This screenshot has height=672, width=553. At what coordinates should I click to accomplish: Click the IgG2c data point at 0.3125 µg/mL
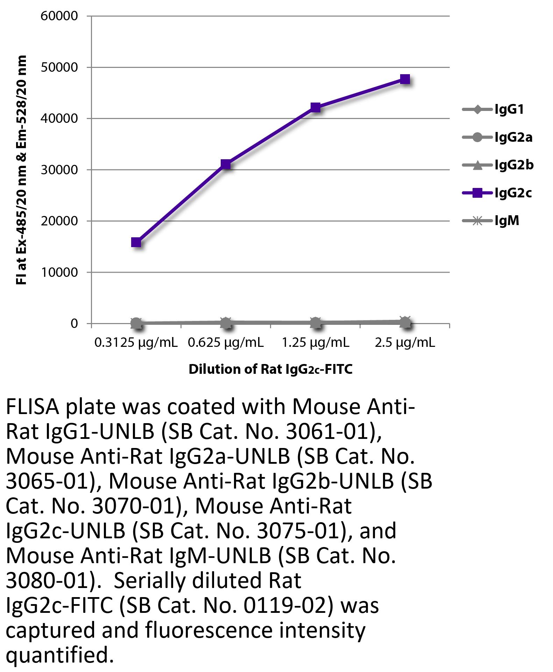pos(136,242)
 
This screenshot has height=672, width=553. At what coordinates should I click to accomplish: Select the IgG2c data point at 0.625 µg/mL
pos(226,164)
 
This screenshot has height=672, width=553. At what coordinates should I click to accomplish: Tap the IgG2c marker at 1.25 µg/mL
pos(316,107)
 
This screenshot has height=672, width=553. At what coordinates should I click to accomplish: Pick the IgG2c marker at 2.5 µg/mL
pos(405,79)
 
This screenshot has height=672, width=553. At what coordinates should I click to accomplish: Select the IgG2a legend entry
pos(497,137)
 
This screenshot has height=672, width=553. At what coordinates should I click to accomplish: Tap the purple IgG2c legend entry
pos(497,193)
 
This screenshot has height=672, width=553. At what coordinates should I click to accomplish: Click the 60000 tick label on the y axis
pos(59,16)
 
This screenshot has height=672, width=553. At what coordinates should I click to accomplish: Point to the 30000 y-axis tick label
pos(59,170)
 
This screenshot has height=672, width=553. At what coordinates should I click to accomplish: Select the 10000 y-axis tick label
pos(59,273)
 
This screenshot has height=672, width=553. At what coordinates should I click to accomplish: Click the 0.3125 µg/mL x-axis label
pos(136,343)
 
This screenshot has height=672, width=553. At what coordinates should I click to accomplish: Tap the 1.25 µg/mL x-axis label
pos(316,343)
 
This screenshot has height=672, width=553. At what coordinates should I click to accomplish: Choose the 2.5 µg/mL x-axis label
pos(405,343)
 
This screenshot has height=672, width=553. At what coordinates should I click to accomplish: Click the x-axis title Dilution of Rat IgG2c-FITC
pos(270,370)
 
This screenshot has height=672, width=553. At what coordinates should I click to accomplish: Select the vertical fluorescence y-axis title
pos(21,170)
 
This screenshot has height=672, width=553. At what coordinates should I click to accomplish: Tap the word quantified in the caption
pos(59,655)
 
